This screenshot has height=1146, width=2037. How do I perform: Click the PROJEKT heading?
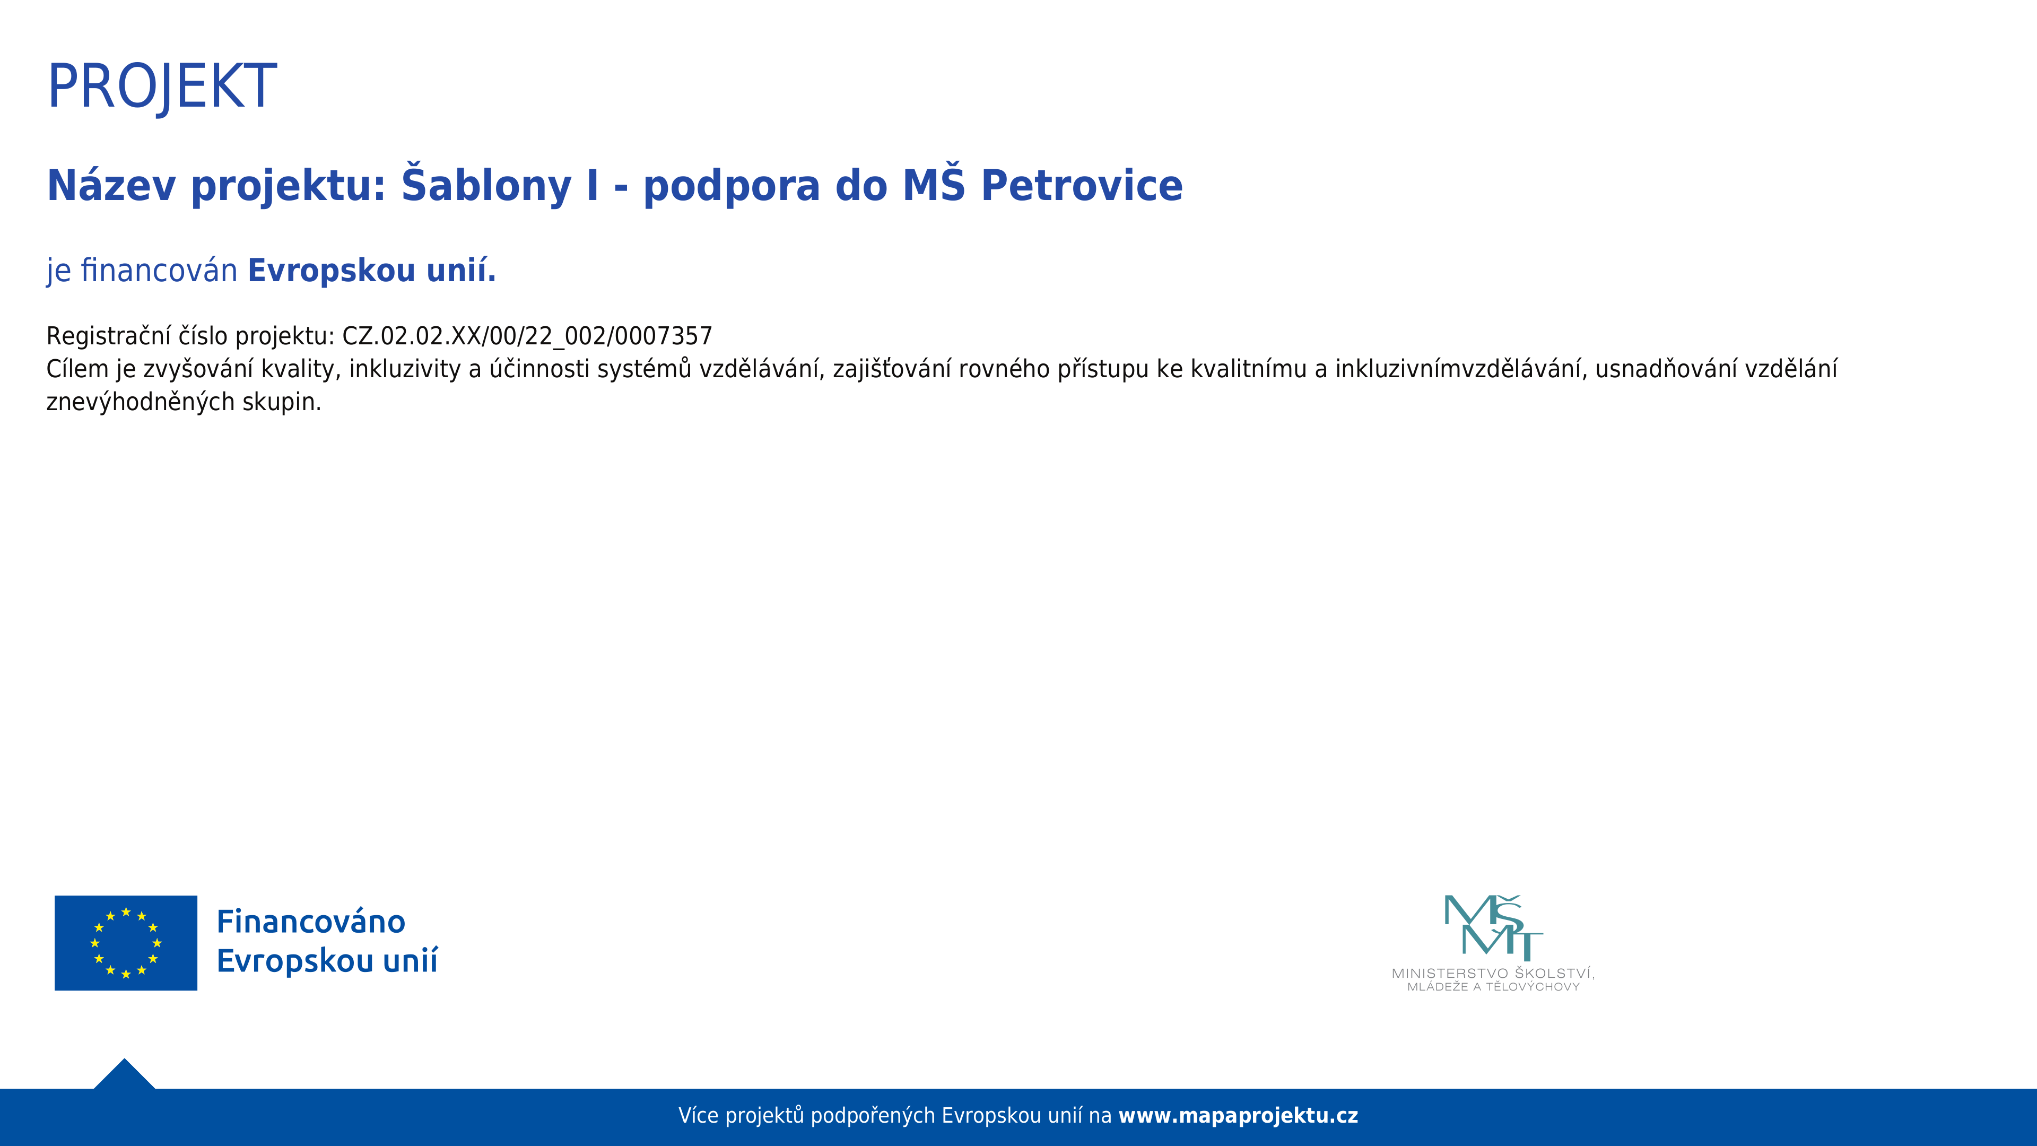click(x=162, y=87)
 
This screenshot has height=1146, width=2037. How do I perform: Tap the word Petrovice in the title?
click(x=1082, y=186)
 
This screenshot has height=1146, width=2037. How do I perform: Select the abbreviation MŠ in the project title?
click(x=934, y=184)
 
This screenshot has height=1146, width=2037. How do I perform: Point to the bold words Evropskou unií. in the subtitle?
click(x=372, y=271)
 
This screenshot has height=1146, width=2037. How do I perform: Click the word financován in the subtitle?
click(x=159, y=271)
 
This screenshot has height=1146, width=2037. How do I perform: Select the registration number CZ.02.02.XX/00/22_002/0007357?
click(x=527, y=336)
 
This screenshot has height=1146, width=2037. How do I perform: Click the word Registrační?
click(x=108, y=336)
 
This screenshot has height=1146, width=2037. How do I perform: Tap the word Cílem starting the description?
click(x=77, y=369)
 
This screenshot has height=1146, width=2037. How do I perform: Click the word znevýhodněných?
click(x=140, y=402)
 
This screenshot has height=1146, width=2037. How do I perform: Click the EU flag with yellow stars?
click(x=126, y=943)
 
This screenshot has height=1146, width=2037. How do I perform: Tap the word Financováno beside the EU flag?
click(x=311, y=922)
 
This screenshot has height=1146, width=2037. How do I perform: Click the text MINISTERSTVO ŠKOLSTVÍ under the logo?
click(x=1493, y=973)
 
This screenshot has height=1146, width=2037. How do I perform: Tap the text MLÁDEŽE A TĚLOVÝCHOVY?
click(x=1493, y=987)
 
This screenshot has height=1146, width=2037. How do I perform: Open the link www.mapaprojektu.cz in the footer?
click(x=1238, y=1116)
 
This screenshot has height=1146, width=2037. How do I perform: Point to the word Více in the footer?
click(x=698, y=1116)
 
